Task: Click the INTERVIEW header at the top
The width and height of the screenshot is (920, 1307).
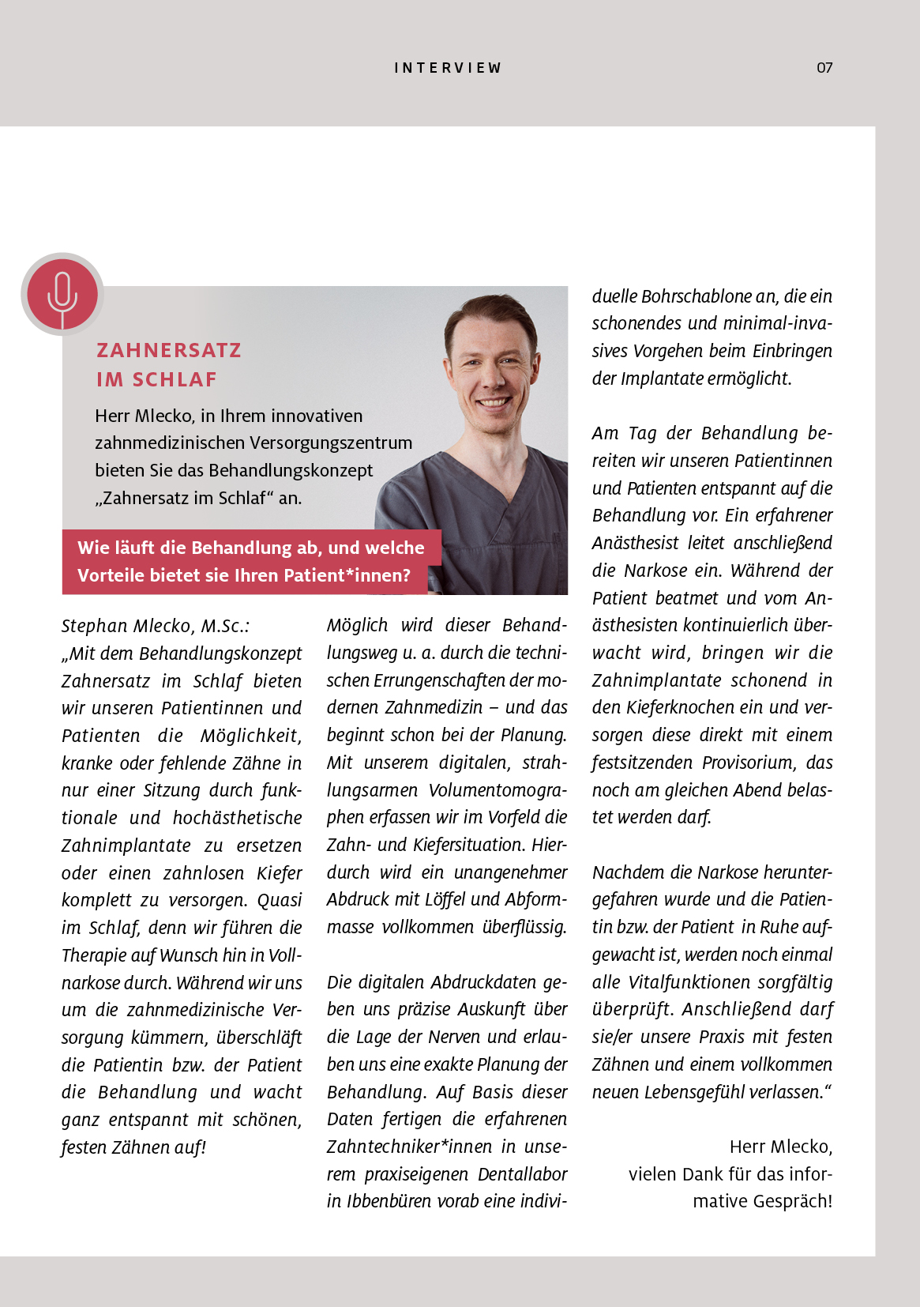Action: [448, 68]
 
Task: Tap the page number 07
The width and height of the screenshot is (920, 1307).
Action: [824, 68]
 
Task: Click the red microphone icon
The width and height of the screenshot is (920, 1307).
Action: [62, 294]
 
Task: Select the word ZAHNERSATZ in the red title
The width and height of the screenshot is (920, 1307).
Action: [169, 350]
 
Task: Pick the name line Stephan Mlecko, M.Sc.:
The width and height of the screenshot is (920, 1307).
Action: [156, 626]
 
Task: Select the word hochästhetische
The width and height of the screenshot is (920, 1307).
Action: [237, 818]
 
